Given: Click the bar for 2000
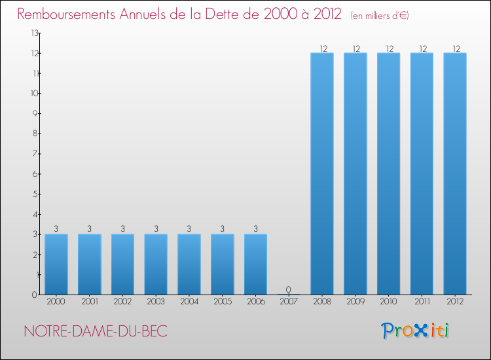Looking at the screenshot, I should [x=56, y=264].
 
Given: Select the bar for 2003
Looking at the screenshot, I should [x=156, y=264].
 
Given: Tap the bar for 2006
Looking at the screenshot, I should [x=255, y=264].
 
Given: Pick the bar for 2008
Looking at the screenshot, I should [x=322, y=173].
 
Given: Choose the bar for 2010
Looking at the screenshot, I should [x=388, y=173].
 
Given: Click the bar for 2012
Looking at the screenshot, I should [x=455, y=173].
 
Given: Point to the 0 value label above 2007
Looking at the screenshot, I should [x=289, y=289].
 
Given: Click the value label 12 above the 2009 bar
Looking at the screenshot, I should [x=355, y=48].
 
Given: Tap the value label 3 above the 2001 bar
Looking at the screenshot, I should [x=89, y=229].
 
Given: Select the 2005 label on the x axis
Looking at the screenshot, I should [x=222, y=302].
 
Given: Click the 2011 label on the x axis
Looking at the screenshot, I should [x=422, y=302].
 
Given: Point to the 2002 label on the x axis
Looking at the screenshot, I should [x=122, y=302].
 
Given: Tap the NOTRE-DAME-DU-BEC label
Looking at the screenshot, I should [x=96, y=331].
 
